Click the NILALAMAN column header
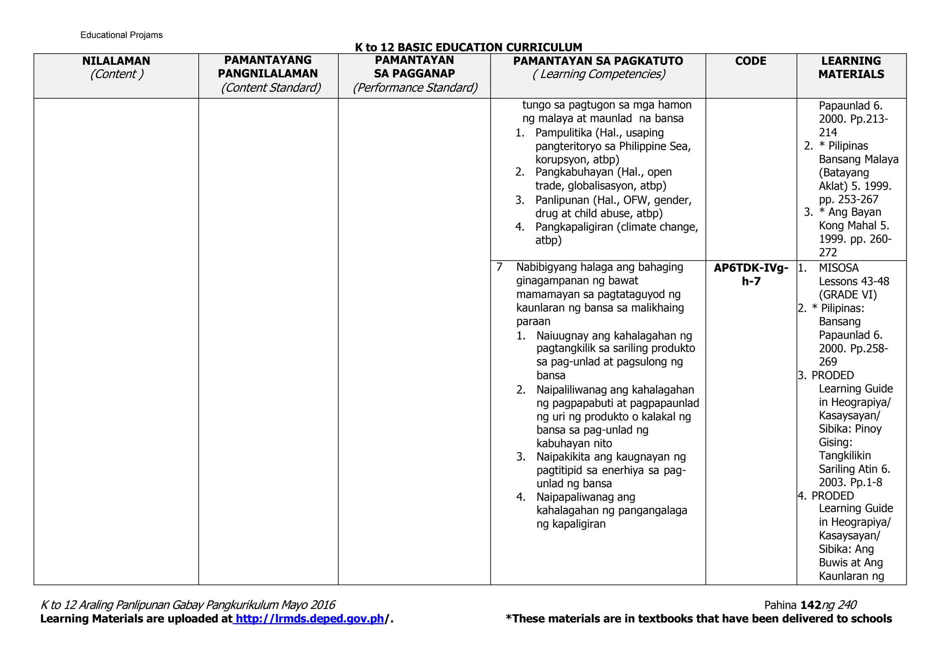click(x=116, y=61)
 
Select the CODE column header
click(x=750, y=61)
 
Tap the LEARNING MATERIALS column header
click(x=851, y=68)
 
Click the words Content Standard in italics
click(x=271, y=88)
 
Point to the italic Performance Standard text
click(x=415, y=88)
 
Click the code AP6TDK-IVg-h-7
click(x=751, y=274)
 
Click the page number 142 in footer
click(x=811, y=605)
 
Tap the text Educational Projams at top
click(x=121, y=35)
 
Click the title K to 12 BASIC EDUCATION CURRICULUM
click(x=468, y=47)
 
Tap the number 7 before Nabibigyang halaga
click(x=499, y=267)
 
